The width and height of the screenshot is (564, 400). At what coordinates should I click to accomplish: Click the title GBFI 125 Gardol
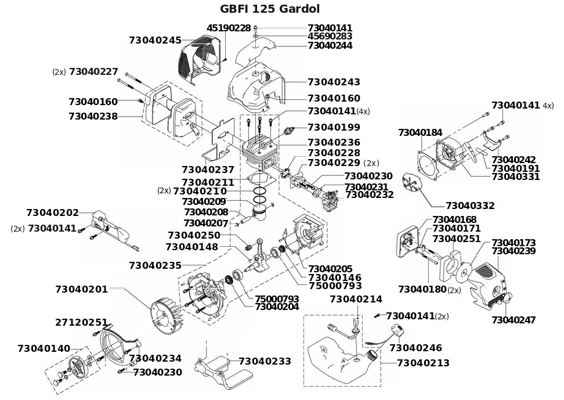[x=270, y=9]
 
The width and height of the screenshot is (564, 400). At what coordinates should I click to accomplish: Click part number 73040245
[x=155, y=40]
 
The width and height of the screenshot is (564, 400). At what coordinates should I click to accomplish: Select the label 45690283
[x=330, y=36]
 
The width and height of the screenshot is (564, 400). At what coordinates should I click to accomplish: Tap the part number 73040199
[x=334, y=127]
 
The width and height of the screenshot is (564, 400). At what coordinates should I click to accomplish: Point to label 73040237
[x=208, y=170]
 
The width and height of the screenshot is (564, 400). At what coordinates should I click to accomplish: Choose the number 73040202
[x=52, y=212]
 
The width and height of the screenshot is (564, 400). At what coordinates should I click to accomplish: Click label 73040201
[x=81, y=289]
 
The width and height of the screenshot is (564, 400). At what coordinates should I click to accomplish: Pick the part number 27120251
[x=81, y=322]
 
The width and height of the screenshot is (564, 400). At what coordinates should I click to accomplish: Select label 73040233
[x=265, y=361]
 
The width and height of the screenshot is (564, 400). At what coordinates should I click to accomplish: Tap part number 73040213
[x=423, y=363]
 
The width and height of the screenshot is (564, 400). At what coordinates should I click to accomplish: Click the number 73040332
[x=470, y=206]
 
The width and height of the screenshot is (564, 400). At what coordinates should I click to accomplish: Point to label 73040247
[x=513, y=320]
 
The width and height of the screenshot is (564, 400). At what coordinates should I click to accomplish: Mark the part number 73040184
[x=420, y=133]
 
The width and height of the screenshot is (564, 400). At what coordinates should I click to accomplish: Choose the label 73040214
[x=356, y=300]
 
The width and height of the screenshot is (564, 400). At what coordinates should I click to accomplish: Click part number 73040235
[x=155, y=265]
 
